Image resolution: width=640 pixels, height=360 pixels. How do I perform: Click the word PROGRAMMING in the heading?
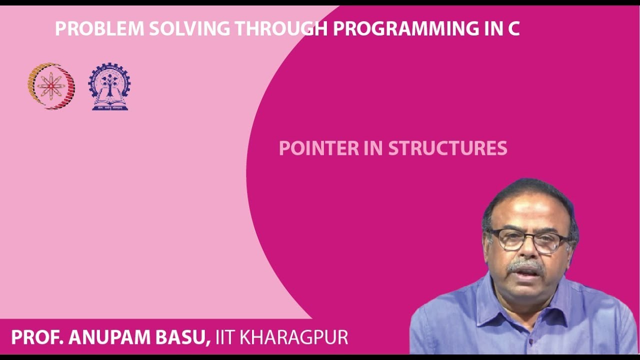click(x=405, y=29)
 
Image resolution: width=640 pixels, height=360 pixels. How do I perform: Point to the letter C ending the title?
click(x=513, y=29)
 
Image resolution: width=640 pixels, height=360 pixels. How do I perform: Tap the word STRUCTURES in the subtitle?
click(x=447, y=148)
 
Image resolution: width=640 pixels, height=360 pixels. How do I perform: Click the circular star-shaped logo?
click(x=51, y=86)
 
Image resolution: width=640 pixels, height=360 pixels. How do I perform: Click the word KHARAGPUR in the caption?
click(x=294, y=337)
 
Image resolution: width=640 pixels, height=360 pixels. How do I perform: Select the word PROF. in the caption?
click(x=37, y=337)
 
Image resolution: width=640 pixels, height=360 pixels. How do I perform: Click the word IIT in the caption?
click(x=225, y=337)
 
